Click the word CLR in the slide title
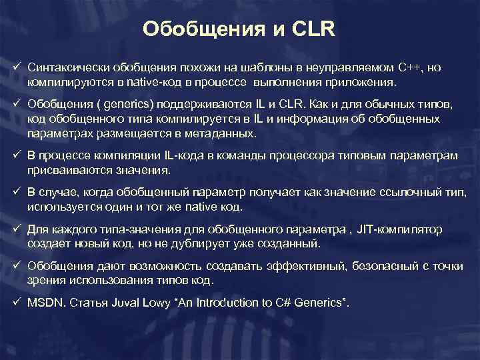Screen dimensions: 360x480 pos(313,29)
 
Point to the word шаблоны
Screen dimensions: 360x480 pos(253,68)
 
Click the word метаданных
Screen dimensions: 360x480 pos(222,133)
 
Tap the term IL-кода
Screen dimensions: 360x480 pos(188,156)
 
